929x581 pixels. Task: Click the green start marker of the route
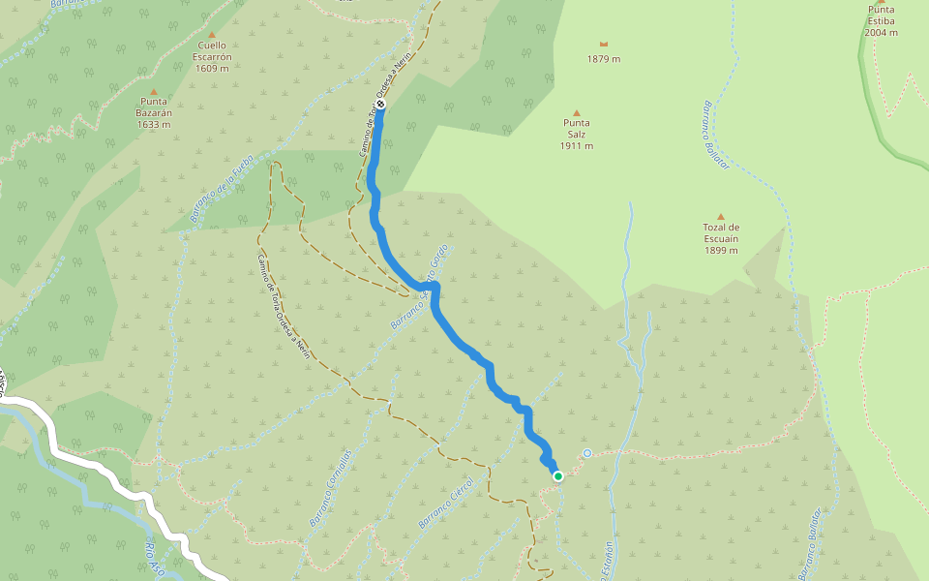pyautogui.click(x=558, y=475)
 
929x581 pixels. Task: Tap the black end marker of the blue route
pyautogui.click(x=381, y=104)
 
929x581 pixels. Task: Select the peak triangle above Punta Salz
pyautogui.click(x=577, y=112)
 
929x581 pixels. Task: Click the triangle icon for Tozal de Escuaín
pyautogui.click(x=721, y=217)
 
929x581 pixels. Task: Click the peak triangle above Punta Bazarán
pyautogui.click(x=153, y=90)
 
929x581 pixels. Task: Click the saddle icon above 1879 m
pyautogui.click(x=604, y=45)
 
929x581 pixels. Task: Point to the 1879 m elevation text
pyautogui.click(x=604, y=59)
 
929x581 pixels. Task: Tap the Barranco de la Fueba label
pyautogui.click(x=222, y=189)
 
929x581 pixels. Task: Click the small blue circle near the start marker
pyautogui.click(x=587, y=453)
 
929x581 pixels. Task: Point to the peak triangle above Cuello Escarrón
pyautogui.click(x=211, y=35)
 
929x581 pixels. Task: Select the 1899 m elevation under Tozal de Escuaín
pyautogui.click(x=721, y=250)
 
